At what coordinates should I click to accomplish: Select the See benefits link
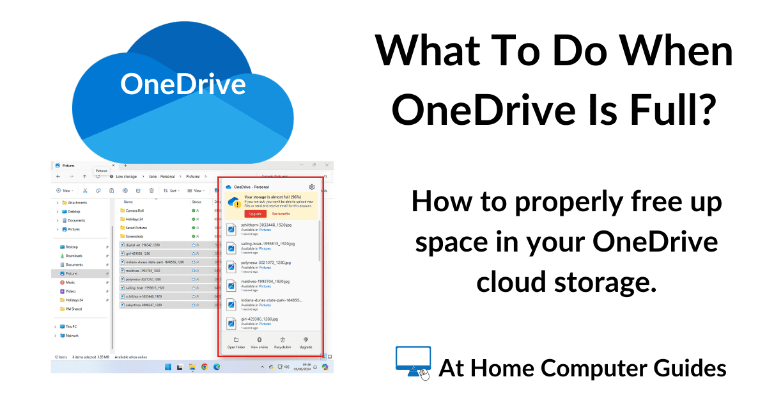click(281, 214)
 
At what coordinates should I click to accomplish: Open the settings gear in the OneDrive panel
click(311, 187)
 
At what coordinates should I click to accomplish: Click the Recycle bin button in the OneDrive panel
click(283, 342)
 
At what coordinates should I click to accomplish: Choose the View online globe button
click(259, 342)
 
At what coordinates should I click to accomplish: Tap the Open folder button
click(236, 342)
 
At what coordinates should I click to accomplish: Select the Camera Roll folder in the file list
click(134, 210)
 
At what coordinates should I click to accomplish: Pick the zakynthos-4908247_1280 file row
click(144, 305)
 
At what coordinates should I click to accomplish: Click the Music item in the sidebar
click(70, 282)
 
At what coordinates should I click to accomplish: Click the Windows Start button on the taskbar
click(168, 367)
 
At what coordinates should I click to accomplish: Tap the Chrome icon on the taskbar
click(205, 367)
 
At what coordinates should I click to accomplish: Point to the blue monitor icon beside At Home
click(413, 363)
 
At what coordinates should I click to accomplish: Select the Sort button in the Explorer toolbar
click(171, 190)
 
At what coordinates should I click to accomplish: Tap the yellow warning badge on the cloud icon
click(237, 204)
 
